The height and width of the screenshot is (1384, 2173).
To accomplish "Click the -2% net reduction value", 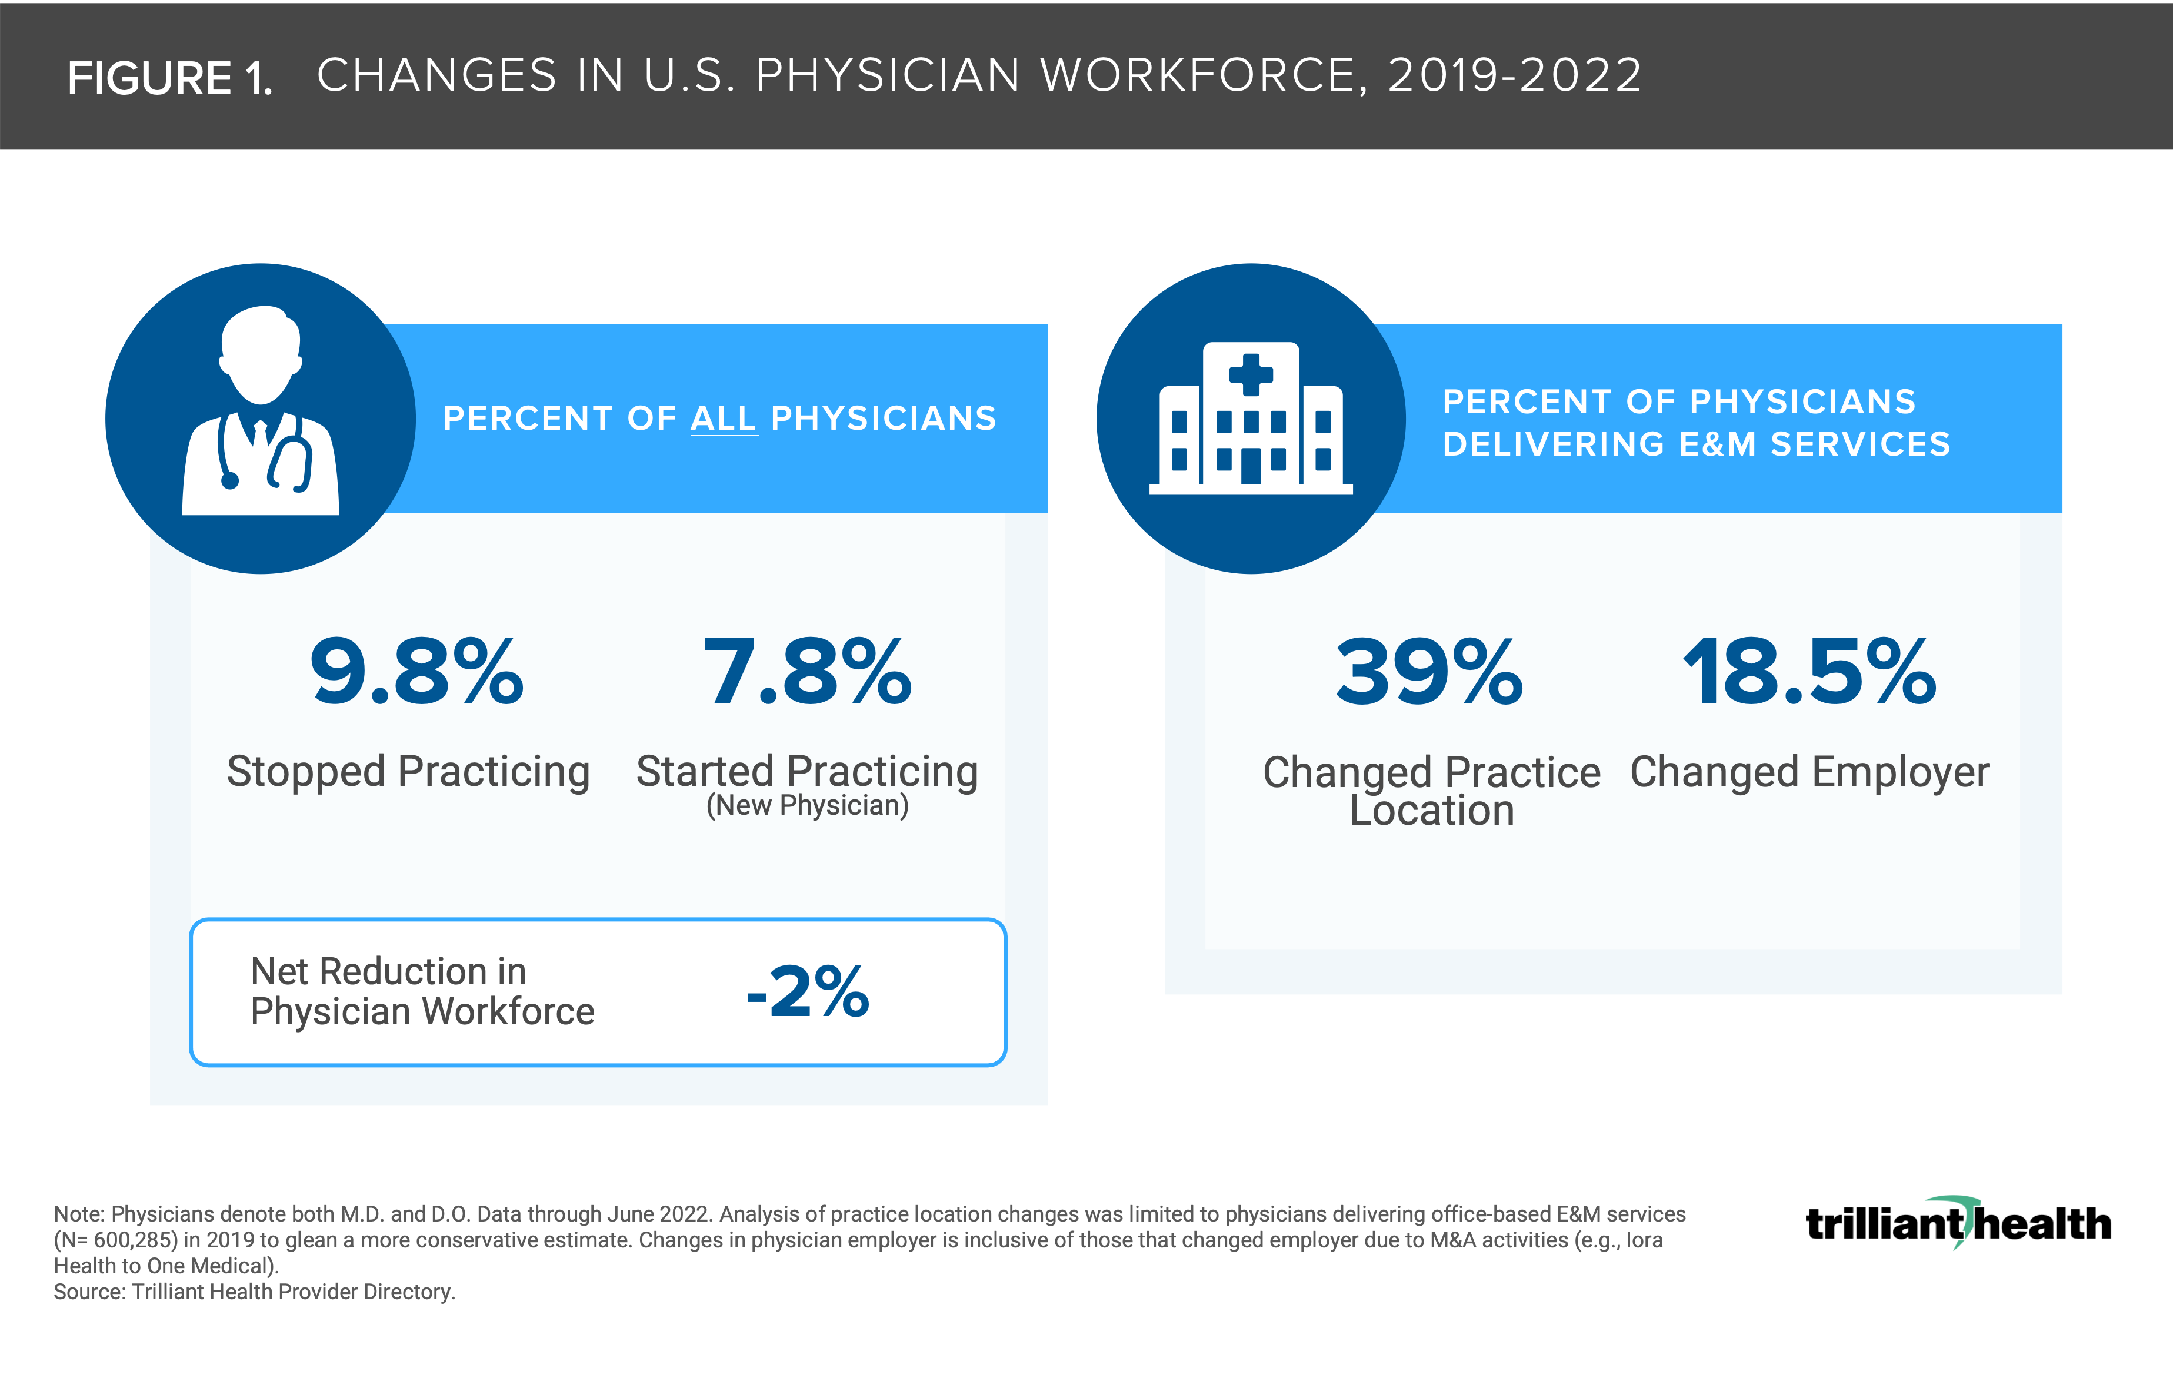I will point(808,991).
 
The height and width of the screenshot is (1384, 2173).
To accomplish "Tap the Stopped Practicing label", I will point(408,772).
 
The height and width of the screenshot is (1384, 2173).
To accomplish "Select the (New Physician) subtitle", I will point(806,805).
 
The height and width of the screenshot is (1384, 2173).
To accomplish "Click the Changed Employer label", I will point(1809,772).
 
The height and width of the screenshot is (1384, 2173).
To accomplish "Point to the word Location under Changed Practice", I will point(1431,811).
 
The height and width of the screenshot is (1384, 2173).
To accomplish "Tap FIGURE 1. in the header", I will point(169,78).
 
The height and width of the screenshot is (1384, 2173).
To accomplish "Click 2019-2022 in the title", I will point(1514,75).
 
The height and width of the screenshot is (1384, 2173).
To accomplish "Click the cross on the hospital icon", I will point(1251,374).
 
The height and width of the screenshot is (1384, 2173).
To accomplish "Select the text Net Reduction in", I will point(388,971).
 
